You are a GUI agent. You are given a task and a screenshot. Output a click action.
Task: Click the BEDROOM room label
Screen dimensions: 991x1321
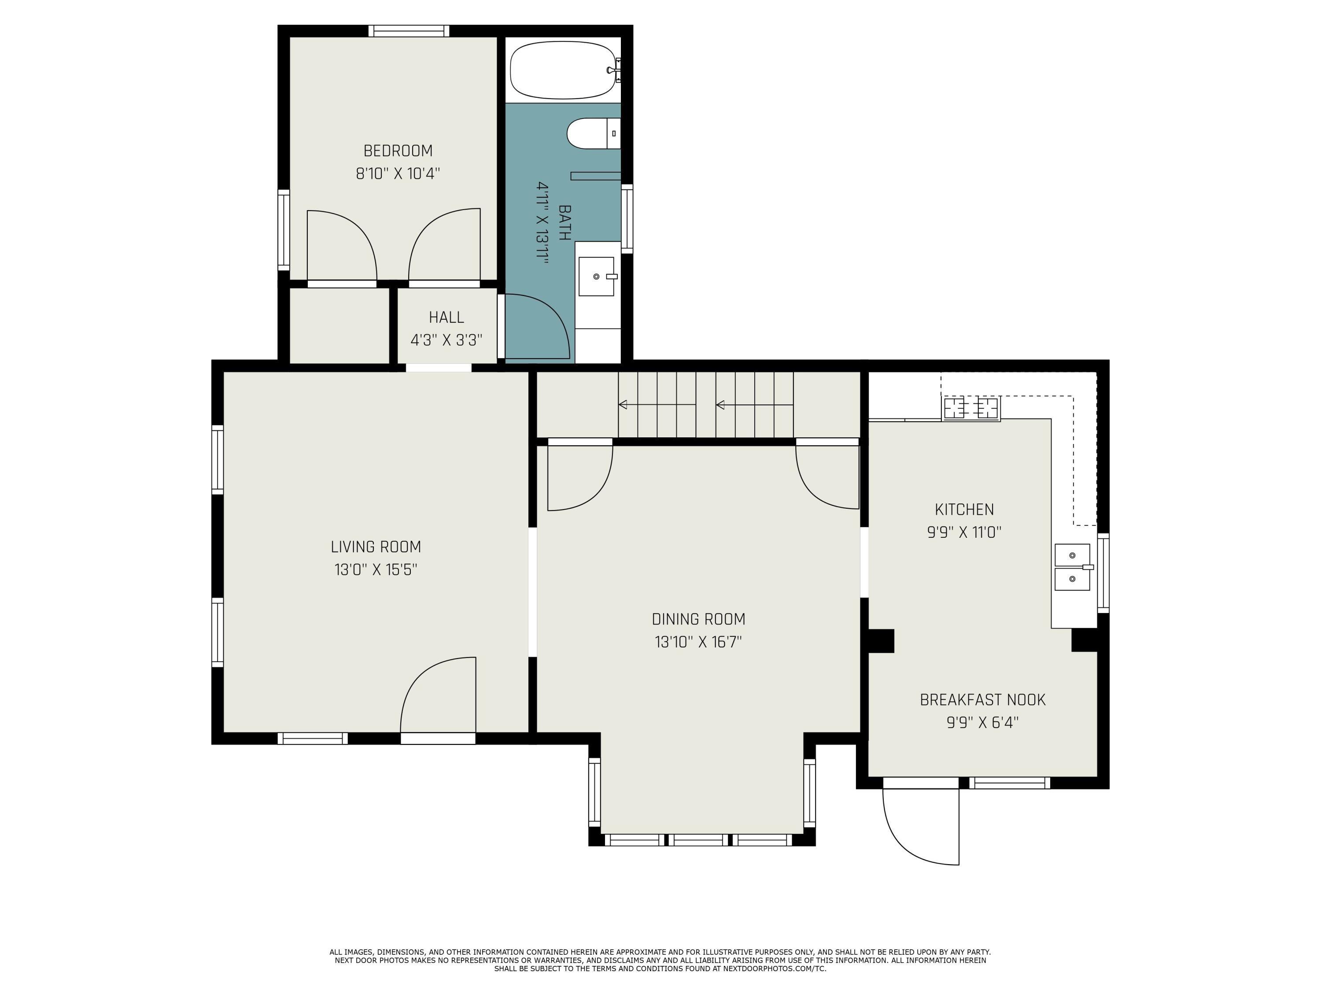[x=398, y=151]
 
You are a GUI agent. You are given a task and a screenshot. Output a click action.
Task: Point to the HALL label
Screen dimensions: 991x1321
[x=446, y=317]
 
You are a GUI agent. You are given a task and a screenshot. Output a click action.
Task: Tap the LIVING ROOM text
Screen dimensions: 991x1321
[x=376, y=547]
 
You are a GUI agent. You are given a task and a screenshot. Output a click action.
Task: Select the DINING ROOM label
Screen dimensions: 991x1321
[x=698, y=619]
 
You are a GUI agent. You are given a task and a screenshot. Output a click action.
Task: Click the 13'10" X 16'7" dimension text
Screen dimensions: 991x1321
[x=698, y=642]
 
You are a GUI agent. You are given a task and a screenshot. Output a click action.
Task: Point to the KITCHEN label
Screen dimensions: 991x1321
[x=964, y=510]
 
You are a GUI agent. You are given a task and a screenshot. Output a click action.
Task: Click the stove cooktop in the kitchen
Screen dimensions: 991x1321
[x=971, y=409]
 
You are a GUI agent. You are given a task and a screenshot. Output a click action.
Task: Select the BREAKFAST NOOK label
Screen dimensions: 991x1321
[x=982, y=699]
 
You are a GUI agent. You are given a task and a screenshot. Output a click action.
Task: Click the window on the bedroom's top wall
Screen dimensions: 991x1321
[x=409, y=31]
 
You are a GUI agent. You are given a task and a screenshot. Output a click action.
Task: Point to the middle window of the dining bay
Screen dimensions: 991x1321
[x=698, y=840]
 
